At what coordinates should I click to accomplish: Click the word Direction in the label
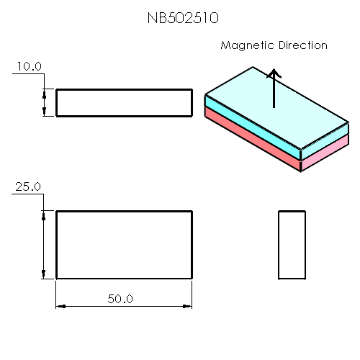(x=301, y=45)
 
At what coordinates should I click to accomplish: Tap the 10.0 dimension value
(x=30, y=66)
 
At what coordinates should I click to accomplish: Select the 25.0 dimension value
(x=28, y=186)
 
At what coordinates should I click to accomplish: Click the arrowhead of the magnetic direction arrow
(x=274, y=73)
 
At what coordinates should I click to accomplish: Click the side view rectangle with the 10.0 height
(x=124, y=102)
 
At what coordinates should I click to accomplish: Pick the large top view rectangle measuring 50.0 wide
(x=124, y=245)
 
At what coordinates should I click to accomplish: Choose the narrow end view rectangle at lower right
(x=292, y=245)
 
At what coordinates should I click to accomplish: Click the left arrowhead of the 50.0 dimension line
(x=60, y=306)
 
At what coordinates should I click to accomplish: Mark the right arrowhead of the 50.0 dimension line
(x=188, y=306)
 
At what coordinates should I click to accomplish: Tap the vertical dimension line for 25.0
(x=45, y=245)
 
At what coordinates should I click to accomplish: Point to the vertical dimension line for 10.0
(x=45, y=102)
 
